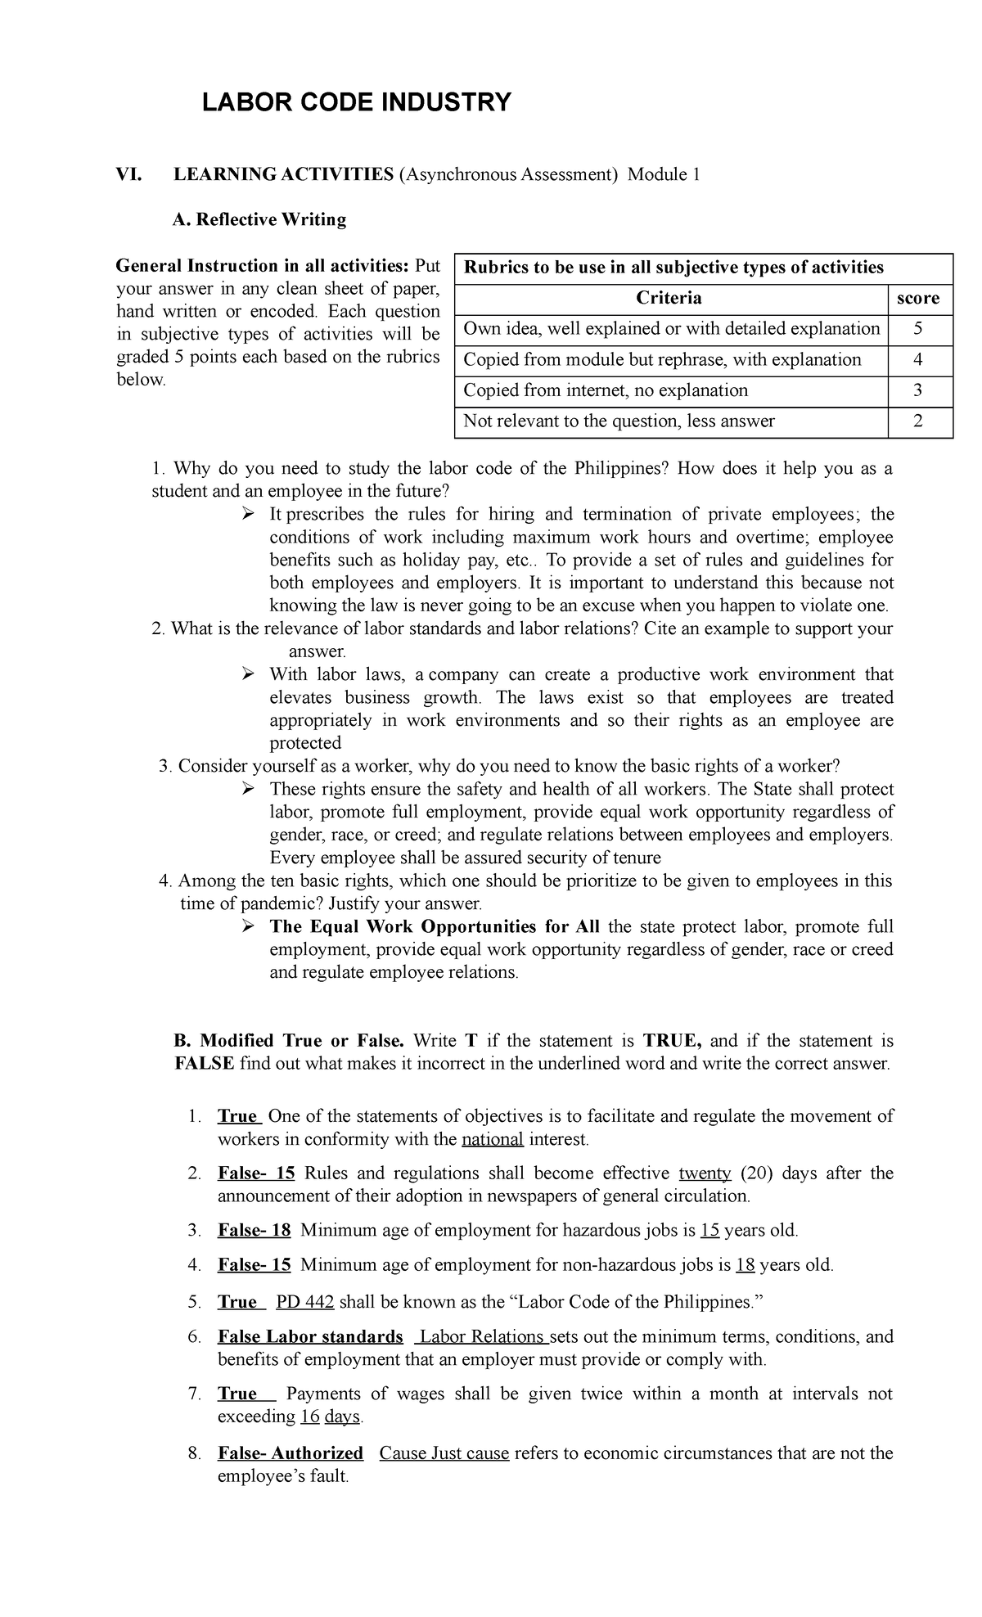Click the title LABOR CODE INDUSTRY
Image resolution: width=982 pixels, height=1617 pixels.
point(356,103)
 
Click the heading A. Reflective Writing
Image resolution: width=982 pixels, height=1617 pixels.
point(259,219)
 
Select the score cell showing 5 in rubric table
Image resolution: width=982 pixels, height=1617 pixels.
point(917,329)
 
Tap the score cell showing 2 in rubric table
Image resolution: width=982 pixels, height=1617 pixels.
point(917,421)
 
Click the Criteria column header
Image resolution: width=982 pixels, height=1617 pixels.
point(669,298)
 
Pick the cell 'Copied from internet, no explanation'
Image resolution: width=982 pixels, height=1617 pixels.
point(606,390)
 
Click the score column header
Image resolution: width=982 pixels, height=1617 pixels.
point(917,298)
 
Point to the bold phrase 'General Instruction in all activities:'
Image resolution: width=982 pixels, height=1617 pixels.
point(262,266)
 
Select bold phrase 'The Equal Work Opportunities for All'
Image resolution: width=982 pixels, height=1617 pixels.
point(434,927)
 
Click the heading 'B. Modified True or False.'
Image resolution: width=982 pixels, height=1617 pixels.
point(290,1041)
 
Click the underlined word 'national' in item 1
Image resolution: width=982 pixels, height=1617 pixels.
point(492,1139)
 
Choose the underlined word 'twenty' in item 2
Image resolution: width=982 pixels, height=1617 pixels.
point(705,1173)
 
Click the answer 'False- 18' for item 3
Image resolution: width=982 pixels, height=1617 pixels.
point(254,1231)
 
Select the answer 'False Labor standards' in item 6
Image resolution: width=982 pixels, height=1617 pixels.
point(310,1337)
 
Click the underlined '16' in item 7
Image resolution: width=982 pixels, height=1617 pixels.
point(309,1417)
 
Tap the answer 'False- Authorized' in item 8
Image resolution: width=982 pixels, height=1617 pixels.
point(290,1453)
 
